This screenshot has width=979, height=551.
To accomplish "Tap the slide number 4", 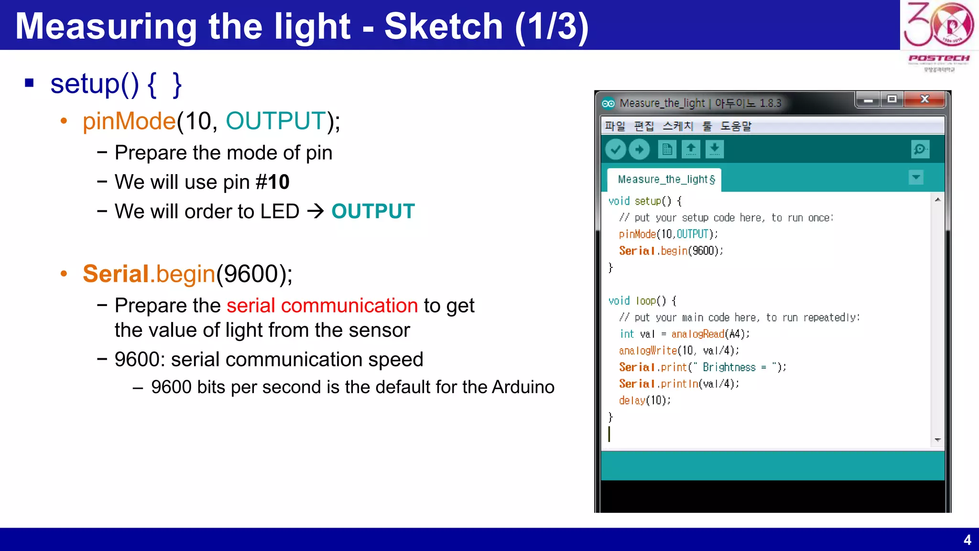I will (967, 540).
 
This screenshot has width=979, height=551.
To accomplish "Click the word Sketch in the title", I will (443, 26).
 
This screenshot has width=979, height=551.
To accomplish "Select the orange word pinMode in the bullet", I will (129, 121).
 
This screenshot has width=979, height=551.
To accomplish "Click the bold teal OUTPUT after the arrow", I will (373, 211).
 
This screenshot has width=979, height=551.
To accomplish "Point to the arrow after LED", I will (315, 211).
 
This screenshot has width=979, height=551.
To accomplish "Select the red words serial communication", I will (322, 306).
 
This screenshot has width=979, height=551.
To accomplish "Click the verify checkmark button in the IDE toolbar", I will (616, 150).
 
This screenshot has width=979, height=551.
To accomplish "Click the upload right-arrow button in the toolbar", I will (640, 150).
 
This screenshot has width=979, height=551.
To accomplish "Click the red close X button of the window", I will (925, 99).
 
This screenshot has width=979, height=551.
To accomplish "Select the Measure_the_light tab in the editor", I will (664, 179).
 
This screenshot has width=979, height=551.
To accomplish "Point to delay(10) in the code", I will (644, 401).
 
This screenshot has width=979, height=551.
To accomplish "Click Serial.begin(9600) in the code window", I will (671, 251).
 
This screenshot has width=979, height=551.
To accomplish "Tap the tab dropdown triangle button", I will (916, 177).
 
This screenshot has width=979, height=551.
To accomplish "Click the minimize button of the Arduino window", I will (869, 100).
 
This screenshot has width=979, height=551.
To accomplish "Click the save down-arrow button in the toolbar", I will (714, 150).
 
